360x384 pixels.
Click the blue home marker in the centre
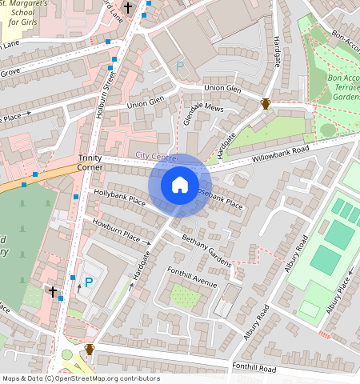pyautogui.click(x=179, y=186)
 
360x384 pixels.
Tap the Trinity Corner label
pyautogui.click(x=90, y=163)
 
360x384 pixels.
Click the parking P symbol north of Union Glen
pyautogui.click(x=180, y=67)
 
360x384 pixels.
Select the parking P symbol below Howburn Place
pyautogui.click(x=89, y=282)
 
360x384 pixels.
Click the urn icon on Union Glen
pyautogui.click(x=266, y=103)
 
